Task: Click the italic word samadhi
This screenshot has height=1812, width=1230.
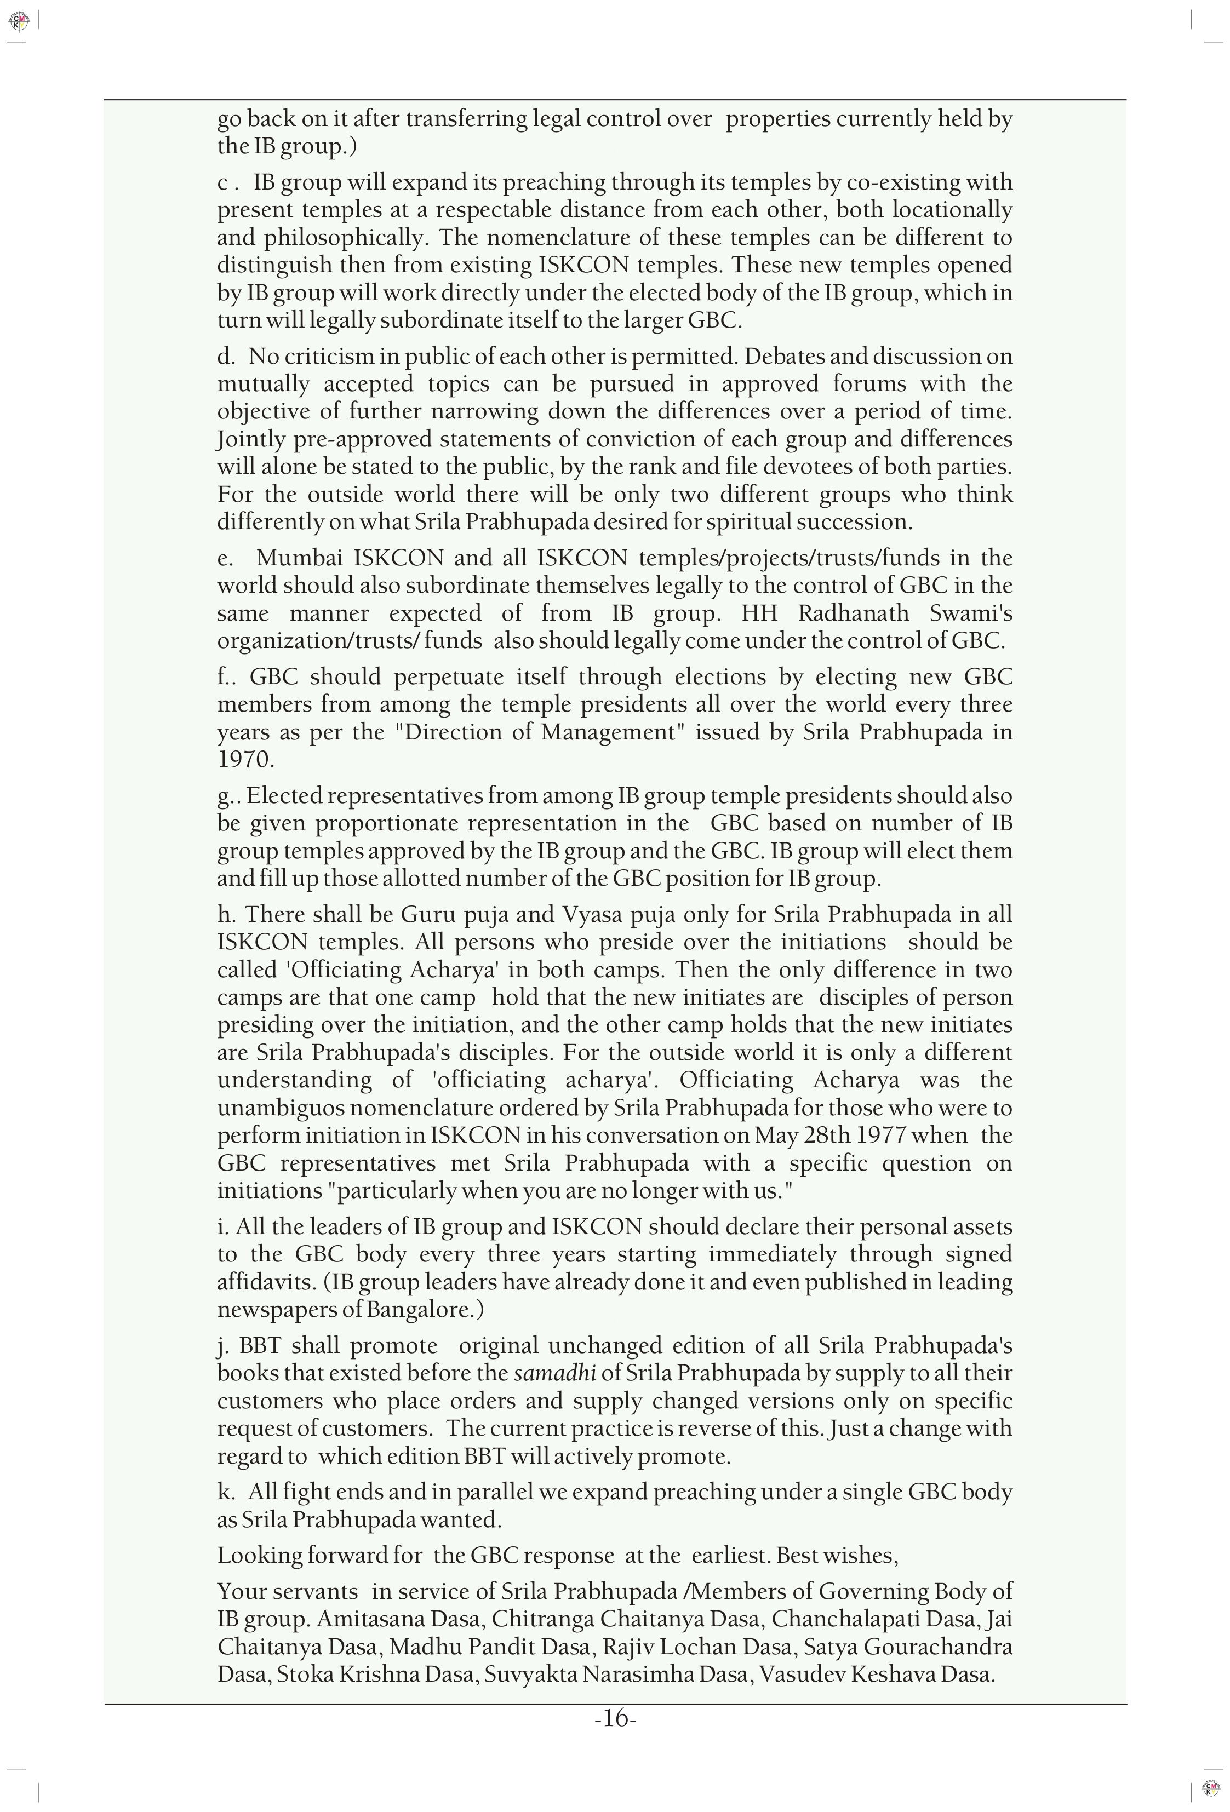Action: [x=554, y=1373]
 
